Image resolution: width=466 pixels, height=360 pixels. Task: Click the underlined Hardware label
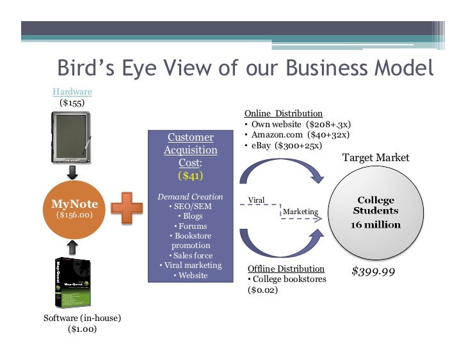pos(72,92)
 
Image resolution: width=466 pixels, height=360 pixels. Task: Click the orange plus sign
pos(127,209)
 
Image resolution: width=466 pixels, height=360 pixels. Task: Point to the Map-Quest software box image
pos(72,283)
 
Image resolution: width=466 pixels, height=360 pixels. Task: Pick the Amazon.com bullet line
pos(300,135)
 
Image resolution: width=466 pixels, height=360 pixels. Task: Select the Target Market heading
pos(376,157)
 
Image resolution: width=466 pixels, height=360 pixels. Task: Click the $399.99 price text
pos(373,272)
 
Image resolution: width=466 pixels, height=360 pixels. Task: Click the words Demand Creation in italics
pos(190,196)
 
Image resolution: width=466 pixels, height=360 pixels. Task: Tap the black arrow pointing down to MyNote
pos(72,172)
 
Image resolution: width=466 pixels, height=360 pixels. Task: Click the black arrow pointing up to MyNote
pos(72,246)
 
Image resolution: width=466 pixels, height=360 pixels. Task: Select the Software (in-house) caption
pos(82,318)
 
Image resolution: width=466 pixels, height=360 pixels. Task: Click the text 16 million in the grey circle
pos(375,224)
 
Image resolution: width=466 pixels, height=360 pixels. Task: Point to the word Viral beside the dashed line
pos(256,200)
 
